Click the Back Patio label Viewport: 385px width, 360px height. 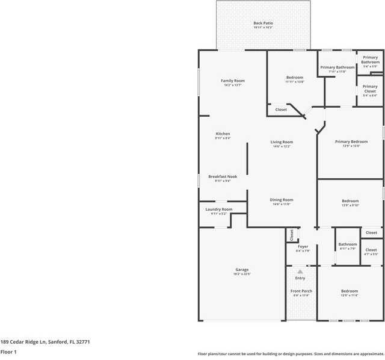click(263, 23)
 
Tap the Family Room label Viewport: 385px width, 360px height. click(233, 81)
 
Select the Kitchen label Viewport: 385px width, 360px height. click(223, 134)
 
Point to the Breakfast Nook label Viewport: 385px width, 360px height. click(223, 176)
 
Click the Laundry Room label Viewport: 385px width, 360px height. click(218, 209)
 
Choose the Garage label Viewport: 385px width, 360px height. click(242, 270)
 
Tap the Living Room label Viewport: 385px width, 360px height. click(282, 142)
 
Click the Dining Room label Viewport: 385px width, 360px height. click(282, 200)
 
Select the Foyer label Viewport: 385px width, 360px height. click(303, 246)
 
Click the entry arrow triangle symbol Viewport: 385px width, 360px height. click(300, 272)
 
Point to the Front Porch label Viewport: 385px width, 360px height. click(301, 291)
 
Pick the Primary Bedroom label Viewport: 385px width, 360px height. click(351, 142)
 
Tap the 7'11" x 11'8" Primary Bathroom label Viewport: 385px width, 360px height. click(337, 67)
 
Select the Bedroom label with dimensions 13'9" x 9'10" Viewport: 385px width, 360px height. click(350, 201)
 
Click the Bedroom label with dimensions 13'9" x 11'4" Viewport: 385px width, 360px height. click(350, 291)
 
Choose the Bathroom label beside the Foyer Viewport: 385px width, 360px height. click(348, 244)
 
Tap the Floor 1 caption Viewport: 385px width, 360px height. click(8, 352)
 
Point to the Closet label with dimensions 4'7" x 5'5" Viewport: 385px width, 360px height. click(371, 250)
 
